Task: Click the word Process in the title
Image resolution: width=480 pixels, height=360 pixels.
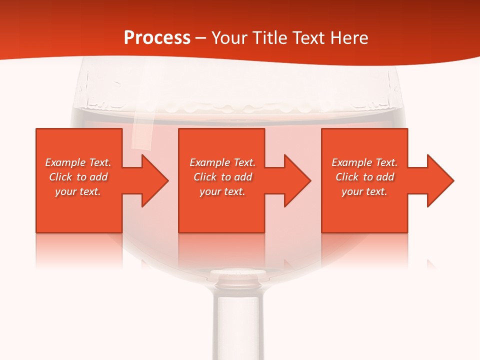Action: (x=157, y=38)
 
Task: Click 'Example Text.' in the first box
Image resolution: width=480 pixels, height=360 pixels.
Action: (x=78, y=162)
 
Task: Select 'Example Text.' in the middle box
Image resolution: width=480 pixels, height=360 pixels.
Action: (x=222, y=162)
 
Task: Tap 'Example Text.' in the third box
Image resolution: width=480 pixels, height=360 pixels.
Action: (x=364, y=162)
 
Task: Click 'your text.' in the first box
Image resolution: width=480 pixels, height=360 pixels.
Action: (x=78, y=191)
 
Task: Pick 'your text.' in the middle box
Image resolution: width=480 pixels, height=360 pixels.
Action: (x=222, y=191)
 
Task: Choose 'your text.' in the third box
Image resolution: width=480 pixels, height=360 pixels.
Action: (x=364, y=191)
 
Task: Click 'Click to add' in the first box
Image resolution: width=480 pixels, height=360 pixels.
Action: (x=78, y=177)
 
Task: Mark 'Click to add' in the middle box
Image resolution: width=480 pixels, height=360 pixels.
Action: (x=222, y=177)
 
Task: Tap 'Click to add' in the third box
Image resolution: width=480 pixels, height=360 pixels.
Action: (x=364, y=177)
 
